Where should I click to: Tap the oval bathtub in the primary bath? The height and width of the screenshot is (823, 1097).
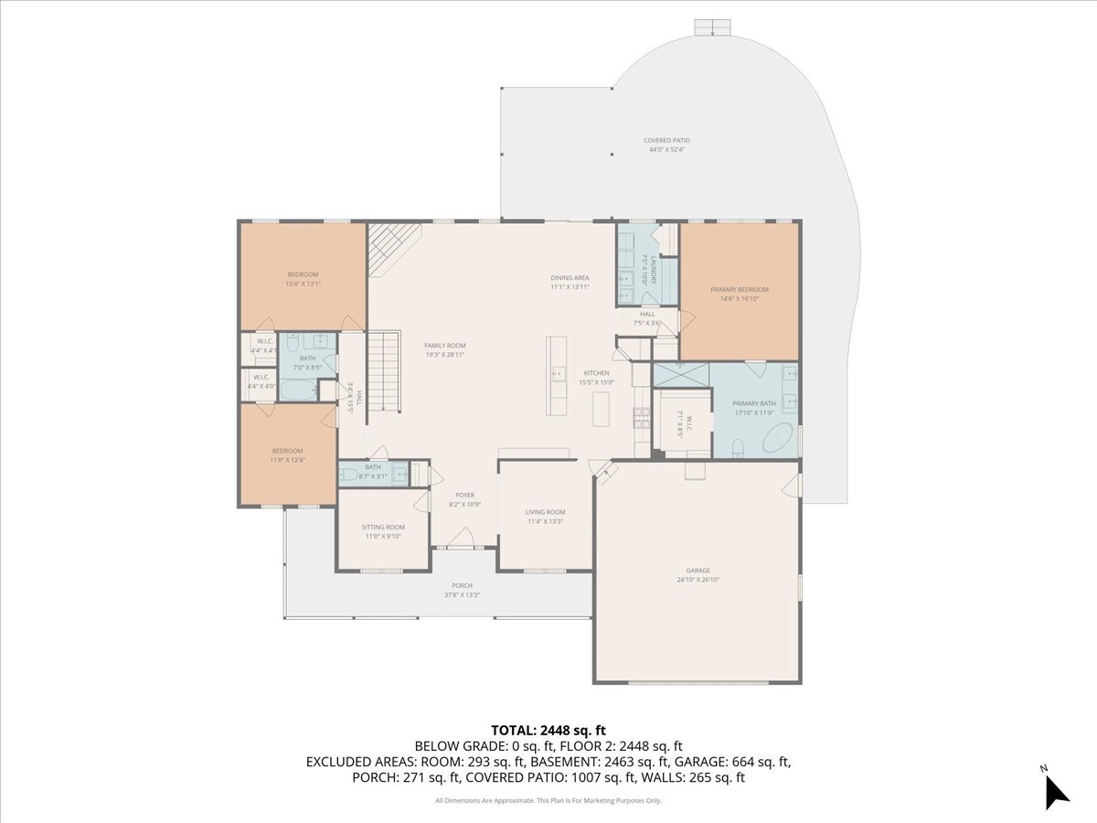778,440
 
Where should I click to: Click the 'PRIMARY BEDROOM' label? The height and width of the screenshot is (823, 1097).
740,290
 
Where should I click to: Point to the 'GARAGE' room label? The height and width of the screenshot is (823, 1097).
698,571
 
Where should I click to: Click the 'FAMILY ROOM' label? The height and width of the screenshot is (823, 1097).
445,345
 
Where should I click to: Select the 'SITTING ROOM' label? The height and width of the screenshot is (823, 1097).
383,527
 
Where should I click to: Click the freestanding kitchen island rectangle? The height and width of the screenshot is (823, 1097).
600,408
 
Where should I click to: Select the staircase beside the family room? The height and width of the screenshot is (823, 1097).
385,371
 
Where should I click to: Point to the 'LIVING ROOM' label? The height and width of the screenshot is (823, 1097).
545,512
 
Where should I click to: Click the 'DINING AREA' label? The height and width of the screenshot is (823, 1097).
570,278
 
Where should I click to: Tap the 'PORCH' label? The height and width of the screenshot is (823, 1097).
462,585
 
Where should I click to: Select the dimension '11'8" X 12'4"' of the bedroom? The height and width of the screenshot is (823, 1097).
287,460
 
